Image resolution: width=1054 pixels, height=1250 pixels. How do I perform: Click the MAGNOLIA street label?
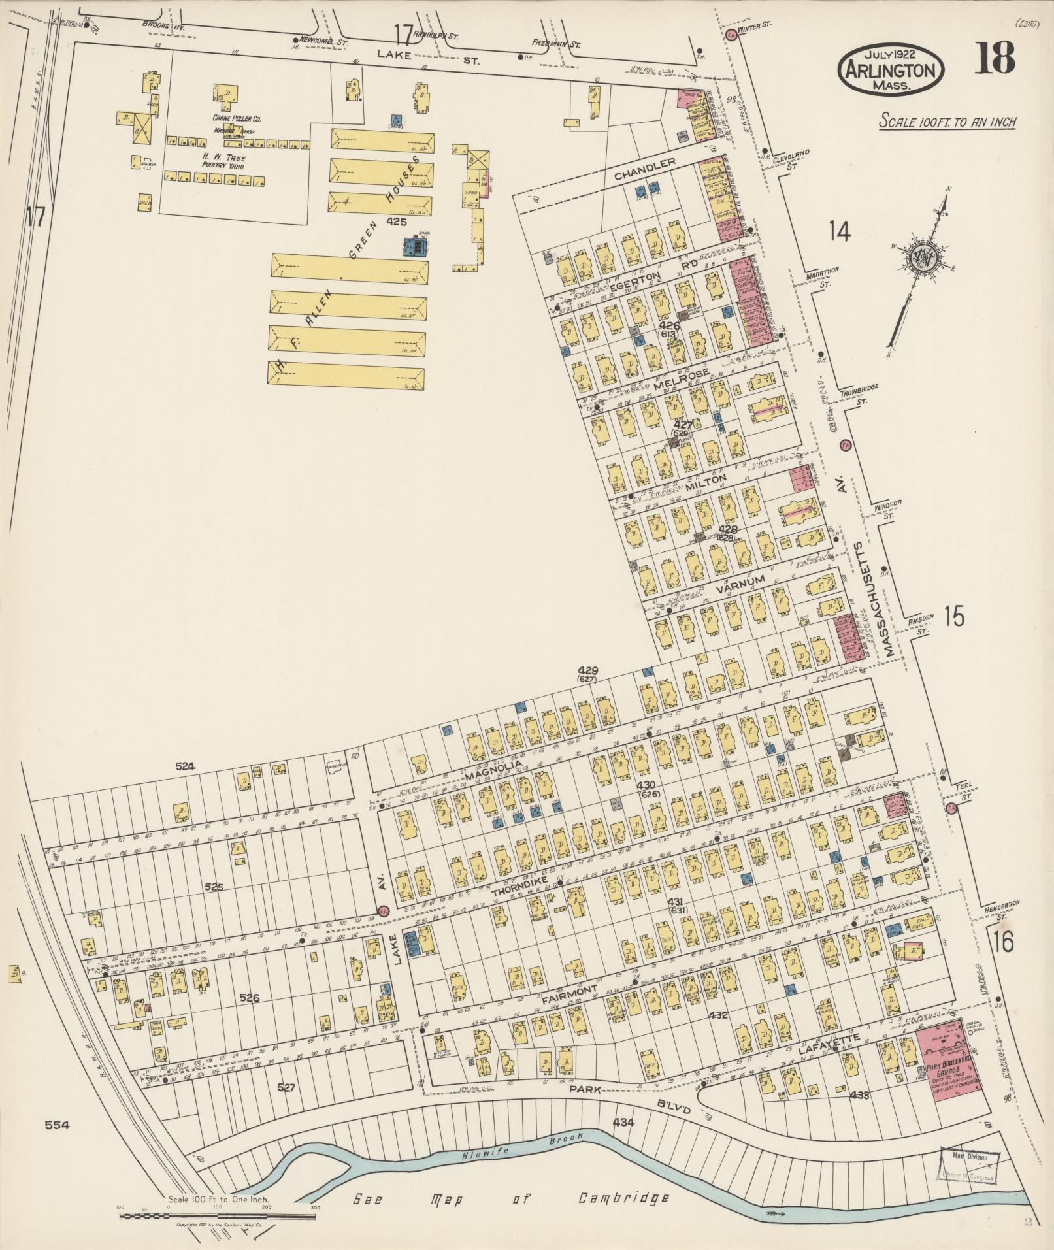tap(494, 771)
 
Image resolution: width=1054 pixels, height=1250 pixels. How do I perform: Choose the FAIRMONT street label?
tap(569, 994)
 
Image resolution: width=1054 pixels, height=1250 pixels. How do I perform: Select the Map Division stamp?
tap(969, 1165)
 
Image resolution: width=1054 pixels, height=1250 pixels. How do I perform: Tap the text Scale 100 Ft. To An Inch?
tap(947, 122)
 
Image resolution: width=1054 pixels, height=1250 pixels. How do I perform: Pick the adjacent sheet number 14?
tap(839, 231)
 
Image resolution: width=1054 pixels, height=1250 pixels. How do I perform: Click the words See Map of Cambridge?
tap(512, 1198)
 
